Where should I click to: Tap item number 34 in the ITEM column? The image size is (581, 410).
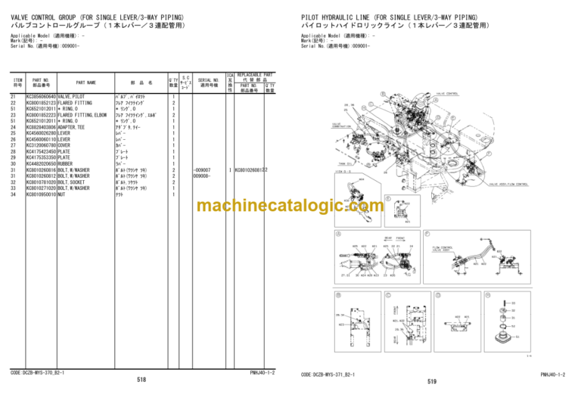(13, 195)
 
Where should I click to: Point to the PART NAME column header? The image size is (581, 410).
(85, 82)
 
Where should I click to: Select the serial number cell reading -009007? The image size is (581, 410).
(203, 170)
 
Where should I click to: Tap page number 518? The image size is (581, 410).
(141, 379)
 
